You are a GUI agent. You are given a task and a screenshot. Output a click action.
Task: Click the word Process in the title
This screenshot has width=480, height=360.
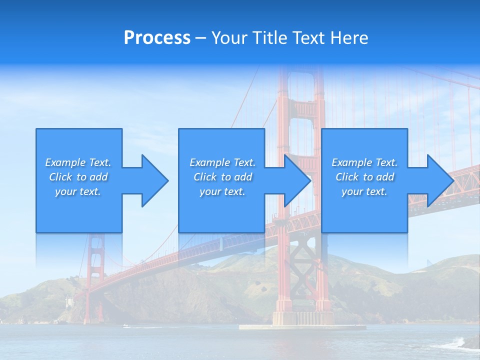157,38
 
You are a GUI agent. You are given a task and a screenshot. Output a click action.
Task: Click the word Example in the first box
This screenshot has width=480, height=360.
65,162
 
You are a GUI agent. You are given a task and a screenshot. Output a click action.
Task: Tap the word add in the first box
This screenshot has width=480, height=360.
98,177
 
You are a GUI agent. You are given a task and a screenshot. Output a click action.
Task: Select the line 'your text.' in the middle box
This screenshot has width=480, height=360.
222,191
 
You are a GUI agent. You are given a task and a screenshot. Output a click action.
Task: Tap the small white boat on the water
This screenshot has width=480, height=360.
125,326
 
